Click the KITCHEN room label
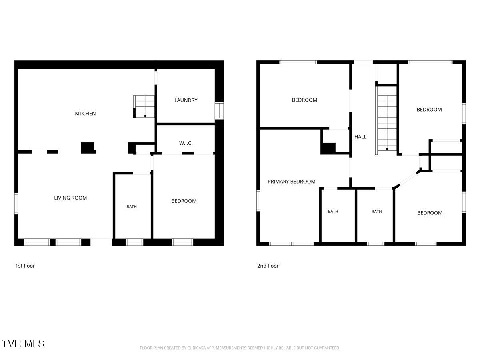click(85, 114)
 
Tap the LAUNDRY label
click(186, 100)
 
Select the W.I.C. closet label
click(186, 143)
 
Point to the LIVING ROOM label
click(70, 198)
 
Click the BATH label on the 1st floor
click(132, 206)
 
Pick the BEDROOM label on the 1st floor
click(184, 201)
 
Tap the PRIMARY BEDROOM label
click(292, 182)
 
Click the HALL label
click(360, 137)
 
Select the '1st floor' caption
click(25, 266)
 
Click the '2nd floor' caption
click(268, 266)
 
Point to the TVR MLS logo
click(23, 344)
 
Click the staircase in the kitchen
click(144, 106)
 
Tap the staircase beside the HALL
click(386, 121)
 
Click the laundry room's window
click(219, 110)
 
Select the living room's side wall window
click(16, 204)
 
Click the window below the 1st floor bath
click(134, 242)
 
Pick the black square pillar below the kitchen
click(88, 148)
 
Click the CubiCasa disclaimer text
click(240, 348)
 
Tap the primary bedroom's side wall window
click(258, 200)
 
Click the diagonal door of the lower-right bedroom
click(407, 179)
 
